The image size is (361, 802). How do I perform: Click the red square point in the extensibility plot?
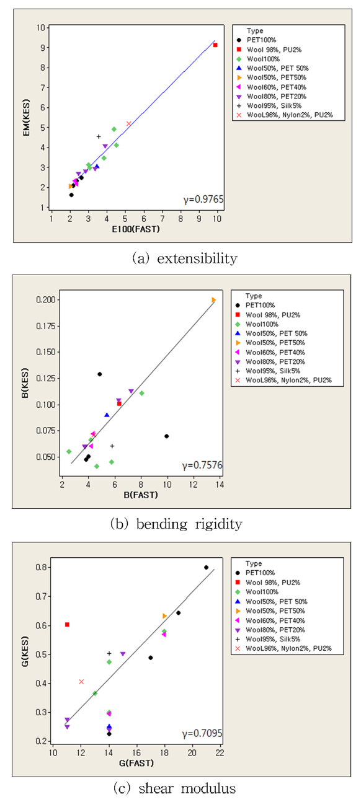click(x=215, y=45)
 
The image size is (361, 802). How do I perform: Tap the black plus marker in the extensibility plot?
click(x=98, y=136)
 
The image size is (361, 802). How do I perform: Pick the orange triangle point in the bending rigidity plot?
click(x=213, y=299)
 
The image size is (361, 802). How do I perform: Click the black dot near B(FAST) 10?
click(x=167, y=436)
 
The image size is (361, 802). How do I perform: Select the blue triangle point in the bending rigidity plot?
click(x=107, y=415)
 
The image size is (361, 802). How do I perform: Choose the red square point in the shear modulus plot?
click(x=67, y=624)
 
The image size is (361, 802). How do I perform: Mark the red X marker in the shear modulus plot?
click(x=81, y=681)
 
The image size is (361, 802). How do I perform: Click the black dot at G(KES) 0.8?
click(x=206, y=567)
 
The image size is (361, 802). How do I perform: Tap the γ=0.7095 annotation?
click(x=202, y=734)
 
